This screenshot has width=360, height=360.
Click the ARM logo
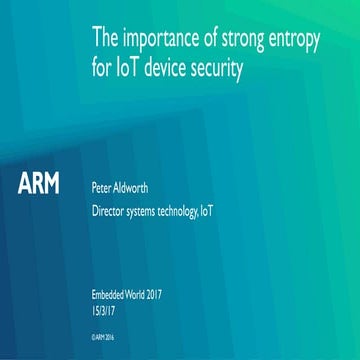[x=39, y=185]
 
